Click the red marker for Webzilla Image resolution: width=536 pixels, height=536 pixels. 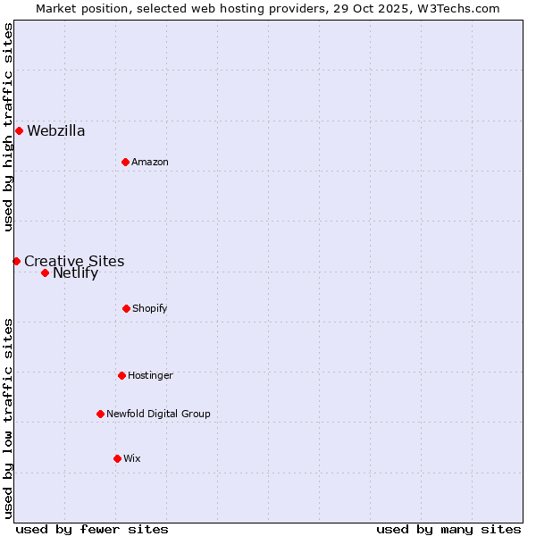19,131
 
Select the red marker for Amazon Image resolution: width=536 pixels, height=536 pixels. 125,162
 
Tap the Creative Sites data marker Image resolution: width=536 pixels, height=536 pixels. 16,261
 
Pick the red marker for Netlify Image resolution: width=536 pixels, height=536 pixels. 45,272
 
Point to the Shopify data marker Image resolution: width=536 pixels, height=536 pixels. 126,308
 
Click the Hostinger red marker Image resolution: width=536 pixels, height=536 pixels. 121,375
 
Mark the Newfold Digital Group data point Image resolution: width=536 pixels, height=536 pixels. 100,414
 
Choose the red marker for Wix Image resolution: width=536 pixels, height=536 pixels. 117,458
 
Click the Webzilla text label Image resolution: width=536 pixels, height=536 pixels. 56,131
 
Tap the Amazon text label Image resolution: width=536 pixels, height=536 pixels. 150,162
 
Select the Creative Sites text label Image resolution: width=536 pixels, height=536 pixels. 74,261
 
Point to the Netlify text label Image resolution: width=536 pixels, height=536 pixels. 75,273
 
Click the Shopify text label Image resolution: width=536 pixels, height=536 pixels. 150,308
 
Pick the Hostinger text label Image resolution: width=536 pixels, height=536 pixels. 150,375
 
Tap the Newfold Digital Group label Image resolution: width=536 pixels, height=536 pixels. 158,414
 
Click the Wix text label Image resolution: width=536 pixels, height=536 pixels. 132,458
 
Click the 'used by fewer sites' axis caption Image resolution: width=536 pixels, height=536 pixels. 92,529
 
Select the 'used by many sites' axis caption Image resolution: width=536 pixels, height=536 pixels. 448,529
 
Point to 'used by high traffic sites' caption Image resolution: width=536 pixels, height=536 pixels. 8,127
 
